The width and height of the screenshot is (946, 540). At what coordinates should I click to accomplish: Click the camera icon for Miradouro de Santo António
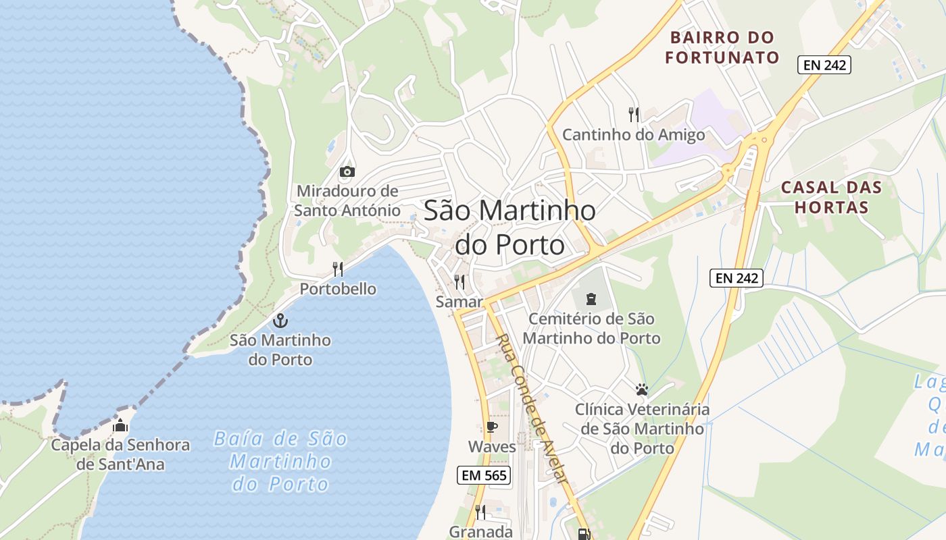click(347, 171)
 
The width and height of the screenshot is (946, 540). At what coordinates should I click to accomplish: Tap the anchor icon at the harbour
click(280, 321)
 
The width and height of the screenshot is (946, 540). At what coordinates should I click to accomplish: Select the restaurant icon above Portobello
click(338, 269)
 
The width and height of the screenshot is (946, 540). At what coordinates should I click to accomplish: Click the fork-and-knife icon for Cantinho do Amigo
click(633, 114)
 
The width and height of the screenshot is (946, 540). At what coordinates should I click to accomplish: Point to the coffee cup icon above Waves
click(492, 427)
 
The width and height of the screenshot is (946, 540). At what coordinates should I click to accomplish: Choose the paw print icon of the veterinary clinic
click(641, 389)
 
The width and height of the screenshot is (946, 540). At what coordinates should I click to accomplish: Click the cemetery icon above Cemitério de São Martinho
click(591, 298)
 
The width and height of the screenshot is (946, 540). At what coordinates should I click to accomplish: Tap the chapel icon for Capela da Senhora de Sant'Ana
click(120, 425)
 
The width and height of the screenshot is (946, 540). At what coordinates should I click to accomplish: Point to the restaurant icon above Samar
click(459, 281)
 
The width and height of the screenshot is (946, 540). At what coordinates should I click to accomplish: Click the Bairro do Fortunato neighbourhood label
click(722, 47)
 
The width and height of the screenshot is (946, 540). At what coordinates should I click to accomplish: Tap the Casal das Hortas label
click(831, 197)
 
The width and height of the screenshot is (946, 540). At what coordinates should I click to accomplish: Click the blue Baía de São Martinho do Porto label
click(280, 462)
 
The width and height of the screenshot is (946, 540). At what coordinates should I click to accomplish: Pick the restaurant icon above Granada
click(480, 512)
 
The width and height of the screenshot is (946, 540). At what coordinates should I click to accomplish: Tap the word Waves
click(492, 447)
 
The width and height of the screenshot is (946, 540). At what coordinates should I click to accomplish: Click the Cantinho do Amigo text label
click(633, 135)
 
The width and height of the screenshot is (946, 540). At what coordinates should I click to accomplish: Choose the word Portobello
click(338, 289)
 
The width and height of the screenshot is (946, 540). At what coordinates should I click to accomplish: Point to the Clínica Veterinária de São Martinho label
click(642, 429)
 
